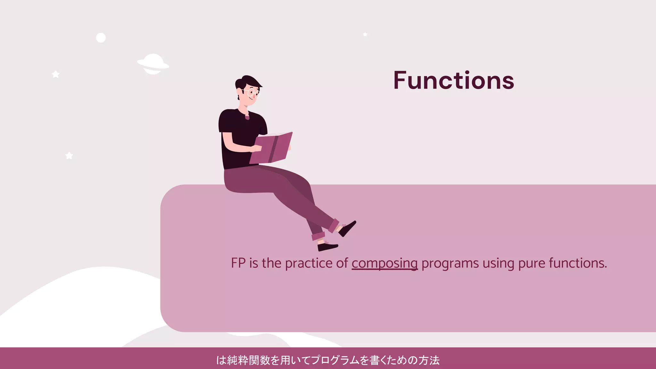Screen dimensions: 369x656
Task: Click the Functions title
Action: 454,80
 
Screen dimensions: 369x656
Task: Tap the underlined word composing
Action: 384,263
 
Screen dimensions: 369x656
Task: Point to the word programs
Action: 450,263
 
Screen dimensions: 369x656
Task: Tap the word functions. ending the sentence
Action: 578,263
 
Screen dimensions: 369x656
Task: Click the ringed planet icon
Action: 153,64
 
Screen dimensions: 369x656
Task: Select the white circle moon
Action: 101,38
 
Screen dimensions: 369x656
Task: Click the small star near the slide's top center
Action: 365,34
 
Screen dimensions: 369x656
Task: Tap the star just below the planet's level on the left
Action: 56,74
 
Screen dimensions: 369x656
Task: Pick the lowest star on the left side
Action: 69,156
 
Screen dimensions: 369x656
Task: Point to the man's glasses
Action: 253,93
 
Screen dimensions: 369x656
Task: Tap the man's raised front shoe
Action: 348,228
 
